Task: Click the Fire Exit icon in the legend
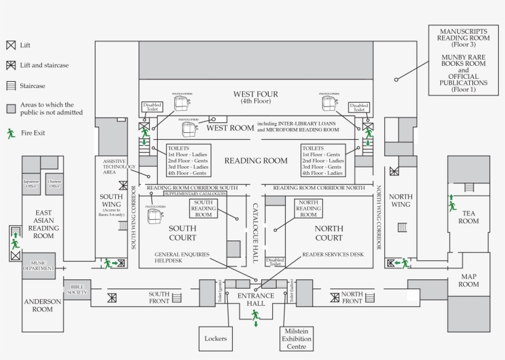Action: [11, 132]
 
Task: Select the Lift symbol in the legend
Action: [11, 46]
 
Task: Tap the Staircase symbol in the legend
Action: [11, 86]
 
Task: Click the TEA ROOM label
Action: [468, 217]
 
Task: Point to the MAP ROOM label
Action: [468, 280]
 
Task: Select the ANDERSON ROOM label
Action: [42, 305]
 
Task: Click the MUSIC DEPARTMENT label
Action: [39, 265]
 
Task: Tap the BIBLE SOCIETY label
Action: [77, 290]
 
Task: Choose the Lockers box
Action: [216, 338]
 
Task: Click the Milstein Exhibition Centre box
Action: [297, 338]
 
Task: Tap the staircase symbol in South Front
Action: [177, 298]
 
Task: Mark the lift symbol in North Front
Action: [334, 298]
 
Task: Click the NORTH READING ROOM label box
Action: [309, 209]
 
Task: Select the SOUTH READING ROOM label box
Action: [204, 209]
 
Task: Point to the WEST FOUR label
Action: [255, 97]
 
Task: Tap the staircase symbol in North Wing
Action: [402, 227]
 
